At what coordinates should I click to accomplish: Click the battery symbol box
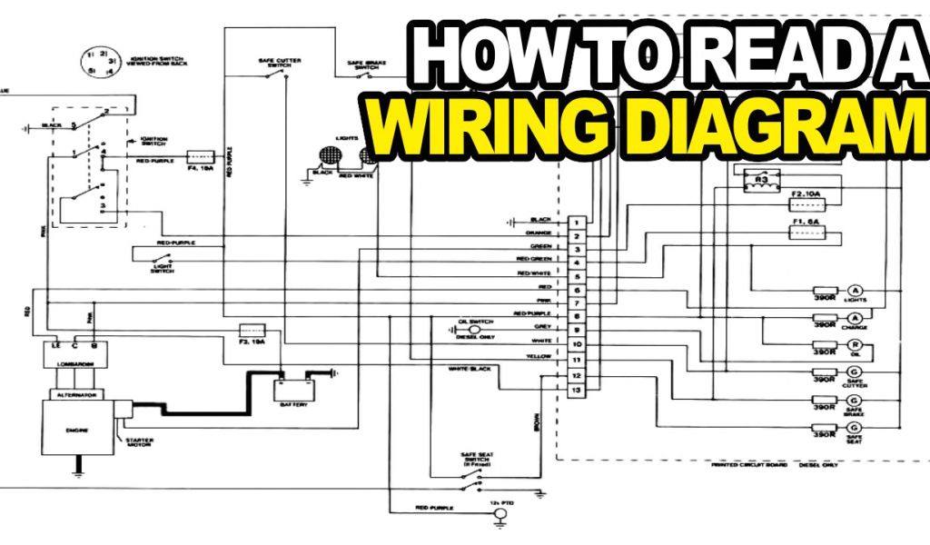(295, 390)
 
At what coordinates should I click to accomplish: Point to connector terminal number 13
(576, 390)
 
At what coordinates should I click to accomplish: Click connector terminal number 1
(576, 221)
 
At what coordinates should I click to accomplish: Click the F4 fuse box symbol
(200, 156)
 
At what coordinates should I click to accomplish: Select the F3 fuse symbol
(252, 329)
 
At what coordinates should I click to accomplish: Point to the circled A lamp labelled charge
(854, 317)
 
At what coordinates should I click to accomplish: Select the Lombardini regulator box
(70, 360)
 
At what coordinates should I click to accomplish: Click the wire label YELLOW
(539, 357)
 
